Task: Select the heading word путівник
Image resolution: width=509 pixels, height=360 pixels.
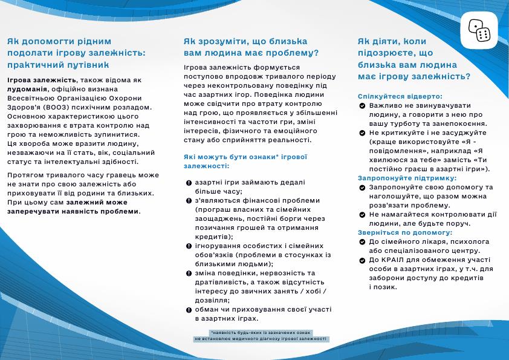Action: (84, 64)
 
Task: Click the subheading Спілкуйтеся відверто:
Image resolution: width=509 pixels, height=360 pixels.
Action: (400, 96)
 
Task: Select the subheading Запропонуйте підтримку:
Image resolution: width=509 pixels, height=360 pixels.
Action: (407, 178)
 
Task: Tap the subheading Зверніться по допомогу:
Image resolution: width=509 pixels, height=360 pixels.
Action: (405, 232)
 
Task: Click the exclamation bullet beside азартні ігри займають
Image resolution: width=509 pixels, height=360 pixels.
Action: (189, 183)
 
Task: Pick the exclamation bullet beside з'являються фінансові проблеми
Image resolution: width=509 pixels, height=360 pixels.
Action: (189, 200)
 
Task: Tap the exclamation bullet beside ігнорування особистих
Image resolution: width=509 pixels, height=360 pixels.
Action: (189, 246)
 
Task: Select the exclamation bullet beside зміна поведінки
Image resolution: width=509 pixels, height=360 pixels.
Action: (189, 273)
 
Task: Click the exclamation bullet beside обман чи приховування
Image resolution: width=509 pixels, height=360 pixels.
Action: (189, 309)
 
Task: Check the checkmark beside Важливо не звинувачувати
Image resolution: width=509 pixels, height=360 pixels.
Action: (361, 106)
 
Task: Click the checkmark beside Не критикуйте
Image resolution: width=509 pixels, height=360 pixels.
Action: (361, 133)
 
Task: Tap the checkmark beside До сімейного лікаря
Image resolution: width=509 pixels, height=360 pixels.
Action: (361, 242)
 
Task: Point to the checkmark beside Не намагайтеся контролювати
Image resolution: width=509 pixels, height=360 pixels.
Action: (361, 215)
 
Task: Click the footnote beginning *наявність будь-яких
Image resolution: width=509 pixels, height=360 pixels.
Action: (261, 336)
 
